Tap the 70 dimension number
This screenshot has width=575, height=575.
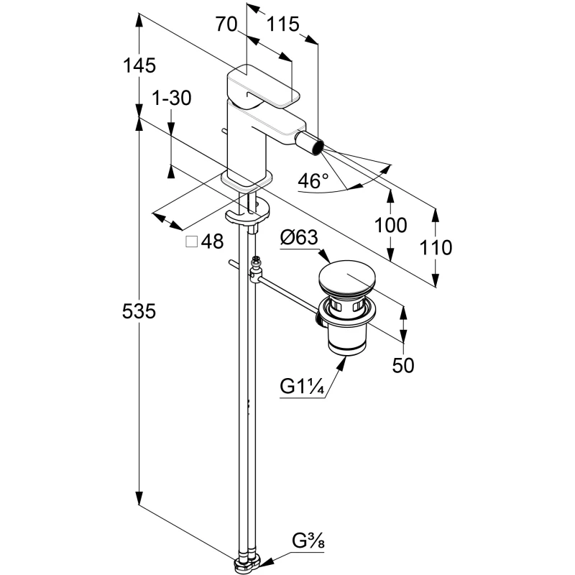(x=226, y=24)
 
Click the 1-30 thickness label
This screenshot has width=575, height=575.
(x=172, y=98)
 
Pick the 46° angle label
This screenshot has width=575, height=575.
(x=313, y=181)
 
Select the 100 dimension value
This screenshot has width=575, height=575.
(x=391, y=225)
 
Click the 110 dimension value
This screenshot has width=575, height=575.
(x=436, y=248)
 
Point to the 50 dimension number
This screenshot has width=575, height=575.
(x=404, y=365)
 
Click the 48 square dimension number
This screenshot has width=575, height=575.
(x=212, y=242)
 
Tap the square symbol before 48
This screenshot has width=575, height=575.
(x=192, y=242)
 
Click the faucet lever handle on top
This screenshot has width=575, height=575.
(x=263, y=86)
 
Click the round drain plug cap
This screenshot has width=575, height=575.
(x=348, y=277)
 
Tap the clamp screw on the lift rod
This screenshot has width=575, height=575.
(x=256, y=271)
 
